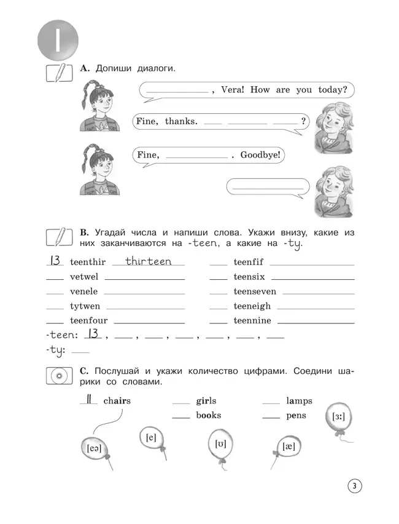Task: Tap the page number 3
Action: coord(354,487)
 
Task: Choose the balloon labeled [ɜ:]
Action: coord(338,417)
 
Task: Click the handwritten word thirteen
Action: coord(149,261)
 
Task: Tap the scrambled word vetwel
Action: coord(84,277)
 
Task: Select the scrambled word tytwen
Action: coord(85,306)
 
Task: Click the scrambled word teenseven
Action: coord(255,292)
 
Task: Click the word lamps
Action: coord(299,401)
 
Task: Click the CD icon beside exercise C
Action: coord(59,375)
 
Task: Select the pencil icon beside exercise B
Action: coord(59,236)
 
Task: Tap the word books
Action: coord(209,415)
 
